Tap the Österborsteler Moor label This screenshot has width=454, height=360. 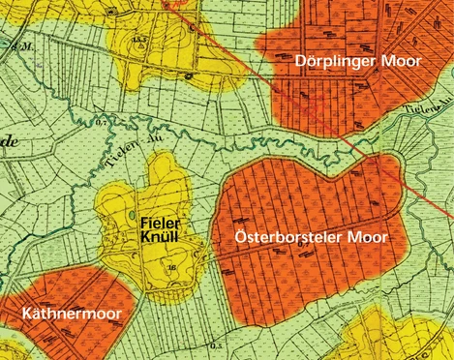[313, 236]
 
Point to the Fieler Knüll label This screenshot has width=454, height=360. [157, 228]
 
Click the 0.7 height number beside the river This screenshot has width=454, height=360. [101, 124]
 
